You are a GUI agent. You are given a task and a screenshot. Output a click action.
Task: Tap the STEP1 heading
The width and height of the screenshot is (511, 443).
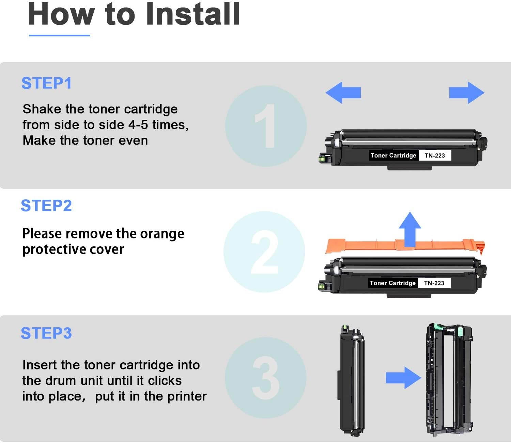tap(46, 83)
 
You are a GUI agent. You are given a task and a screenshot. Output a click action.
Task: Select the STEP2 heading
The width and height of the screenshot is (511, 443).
tap(46, 206)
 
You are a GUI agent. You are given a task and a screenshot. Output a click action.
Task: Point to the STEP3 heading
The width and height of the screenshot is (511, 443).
tap(46, 333)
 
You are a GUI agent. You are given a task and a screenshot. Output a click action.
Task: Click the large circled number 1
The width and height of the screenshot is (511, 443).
tap(266, 126)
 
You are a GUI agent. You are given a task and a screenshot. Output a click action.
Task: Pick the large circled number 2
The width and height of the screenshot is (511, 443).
tap(264, 252)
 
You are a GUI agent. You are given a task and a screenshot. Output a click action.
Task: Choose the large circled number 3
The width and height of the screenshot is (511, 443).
tap(266, 378)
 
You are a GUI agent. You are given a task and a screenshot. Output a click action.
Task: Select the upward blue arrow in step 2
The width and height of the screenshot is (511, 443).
tap(410, 229)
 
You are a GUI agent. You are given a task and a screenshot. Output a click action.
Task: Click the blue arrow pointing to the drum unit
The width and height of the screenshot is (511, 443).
tap(403, 378)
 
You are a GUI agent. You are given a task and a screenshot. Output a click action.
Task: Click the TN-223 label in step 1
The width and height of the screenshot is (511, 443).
tap(435, 155)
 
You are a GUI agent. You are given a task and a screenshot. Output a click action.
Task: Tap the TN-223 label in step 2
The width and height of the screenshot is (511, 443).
tap(434, 283)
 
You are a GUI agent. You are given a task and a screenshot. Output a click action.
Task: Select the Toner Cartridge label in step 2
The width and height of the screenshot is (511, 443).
tap(393, 283)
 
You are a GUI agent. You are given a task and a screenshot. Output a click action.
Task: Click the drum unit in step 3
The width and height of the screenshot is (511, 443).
tap(449, 379)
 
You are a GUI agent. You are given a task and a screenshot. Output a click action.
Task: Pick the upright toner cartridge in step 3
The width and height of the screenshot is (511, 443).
tap(352, 379)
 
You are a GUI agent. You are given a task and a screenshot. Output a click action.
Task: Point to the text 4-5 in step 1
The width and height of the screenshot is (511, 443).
tap(138, 125)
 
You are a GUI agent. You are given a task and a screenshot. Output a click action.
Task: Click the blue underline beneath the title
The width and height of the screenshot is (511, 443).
tap(60, 35)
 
